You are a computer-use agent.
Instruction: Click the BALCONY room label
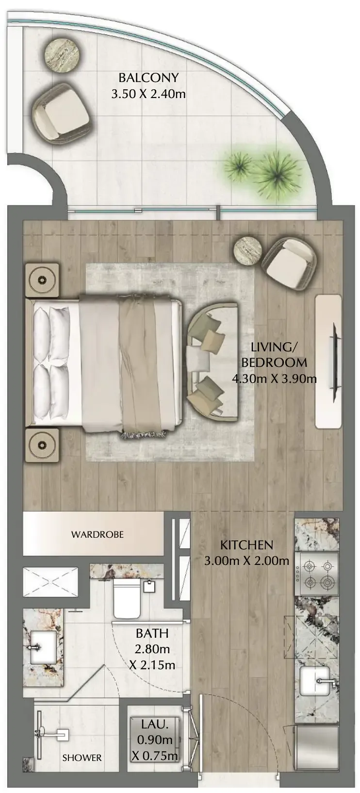coord(148,77)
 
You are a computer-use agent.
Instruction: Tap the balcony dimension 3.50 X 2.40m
coord(148,94)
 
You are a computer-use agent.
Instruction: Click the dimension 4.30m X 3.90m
coord(274,379)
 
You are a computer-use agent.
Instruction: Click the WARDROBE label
coord(98,534)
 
